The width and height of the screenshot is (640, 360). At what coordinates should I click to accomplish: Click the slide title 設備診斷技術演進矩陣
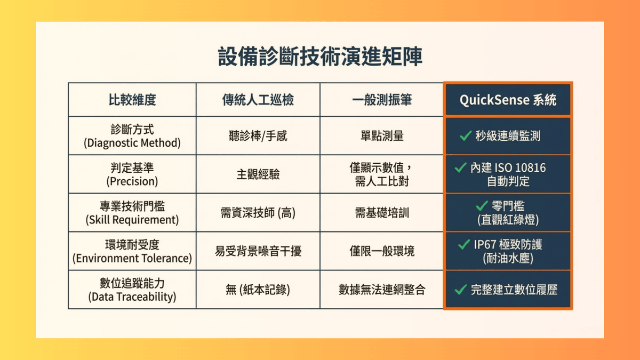(x=320, y=57)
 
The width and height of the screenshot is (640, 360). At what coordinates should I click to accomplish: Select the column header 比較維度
(x=132, y=100)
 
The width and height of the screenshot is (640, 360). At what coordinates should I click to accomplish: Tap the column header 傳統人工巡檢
(x=258, y=100)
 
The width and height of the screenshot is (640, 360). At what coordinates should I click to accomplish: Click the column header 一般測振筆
(x=382, y=100)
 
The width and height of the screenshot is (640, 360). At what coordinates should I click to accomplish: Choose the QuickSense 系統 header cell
(x=508, y=100)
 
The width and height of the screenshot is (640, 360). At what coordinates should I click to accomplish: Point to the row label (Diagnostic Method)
(x=132, y=143)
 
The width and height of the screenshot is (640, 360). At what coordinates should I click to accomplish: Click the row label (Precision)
(x=132, y=181)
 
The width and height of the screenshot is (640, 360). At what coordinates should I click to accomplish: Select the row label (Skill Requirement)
(x=132, y=220)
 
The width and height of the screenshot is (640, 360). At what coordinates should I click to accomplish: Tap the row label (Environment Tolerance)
(x=132, y=258)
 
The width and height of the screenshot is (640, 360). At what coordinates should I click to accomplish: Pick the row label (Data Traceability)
(x=132, y=297)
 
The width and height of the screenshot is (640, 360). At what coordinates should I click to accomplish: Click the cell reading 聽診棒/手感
(x=258, y=135)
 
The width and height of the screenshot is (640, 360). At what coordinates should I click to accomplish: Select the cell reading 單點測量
(x=382, y=135)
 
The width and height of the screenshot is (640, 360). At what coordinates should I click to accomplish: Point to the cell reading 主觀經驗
(x=258, y=174)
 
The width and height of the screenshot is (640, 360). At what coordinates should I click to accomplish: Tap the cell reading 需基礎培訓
(x=382, y=213)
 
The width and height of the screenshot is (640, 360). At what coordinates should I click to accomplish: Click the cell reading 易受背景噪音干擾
(x=258, y=251)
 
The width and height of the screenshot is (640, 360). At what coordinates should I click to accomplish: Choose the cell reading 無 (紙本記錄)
(x=258, y=290)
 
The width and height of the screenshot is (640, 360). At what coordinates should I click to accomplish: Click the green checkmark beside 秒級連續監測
(x=466, y=135)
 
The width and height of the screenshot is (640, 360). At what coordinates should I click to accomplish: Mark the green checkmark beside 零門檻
(x=482, y=206)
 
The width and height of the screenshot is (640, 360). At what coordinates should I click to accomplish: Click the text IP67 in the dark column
(x=485, y=245)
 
